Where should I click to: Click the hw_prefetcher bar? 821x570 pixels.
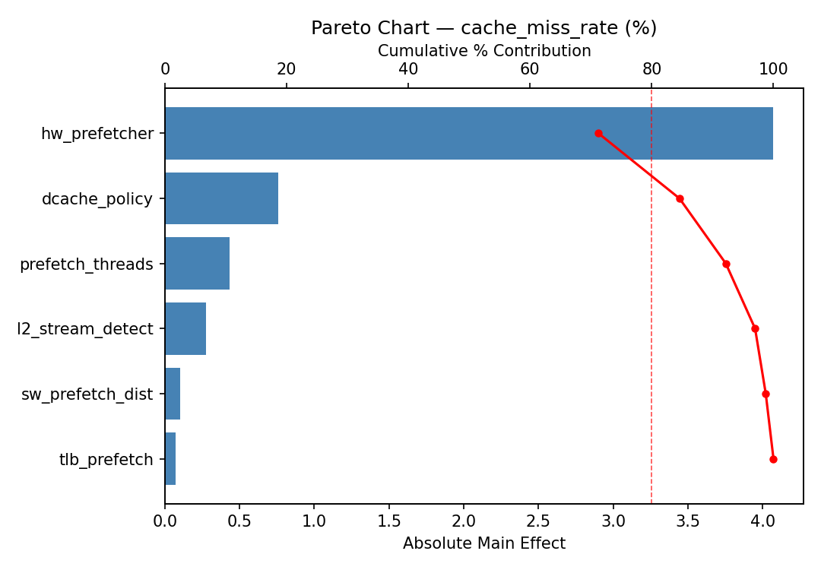pos(468,133)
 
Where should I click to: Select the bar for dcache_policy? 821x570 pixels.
pos(221,198)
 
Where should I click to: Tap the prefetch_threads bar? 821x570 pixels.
pos(197,264)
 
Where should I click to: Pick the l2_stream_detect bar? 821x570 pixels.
pos(185,328)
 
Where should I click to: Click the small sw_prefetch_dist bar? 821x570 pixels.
pos(173,394)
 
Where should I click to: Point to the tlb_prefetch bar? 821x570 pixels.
pos(170,459)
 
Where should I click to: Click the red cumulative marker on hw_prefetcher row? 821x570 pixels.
pos(598,133)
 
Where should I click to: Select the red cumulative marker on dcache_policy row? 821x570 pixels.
pos(680,198)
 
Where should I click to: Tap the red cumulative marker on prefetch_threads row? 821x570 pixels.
pos(726,264)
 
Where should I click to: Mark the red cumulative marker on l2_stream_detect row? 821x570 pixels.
pos(755,328)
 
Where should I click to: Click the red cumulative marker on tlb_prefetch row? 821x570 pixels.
pos(773,459)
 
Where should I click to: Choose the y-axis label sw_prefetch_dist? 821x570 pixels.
pos(87,394)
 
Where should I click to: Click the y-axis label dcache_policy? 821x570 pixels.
pos(97,199)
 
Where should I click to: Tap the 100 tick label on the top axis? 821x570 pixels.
pos(773,69)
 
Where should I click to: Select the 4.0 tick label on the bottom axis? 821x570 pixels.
pos(762,522)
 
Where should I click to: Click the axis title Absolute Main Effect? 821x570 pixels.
pos(484,543)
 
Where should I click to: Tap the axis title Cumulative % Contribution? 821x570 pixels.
pos(484,51)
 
